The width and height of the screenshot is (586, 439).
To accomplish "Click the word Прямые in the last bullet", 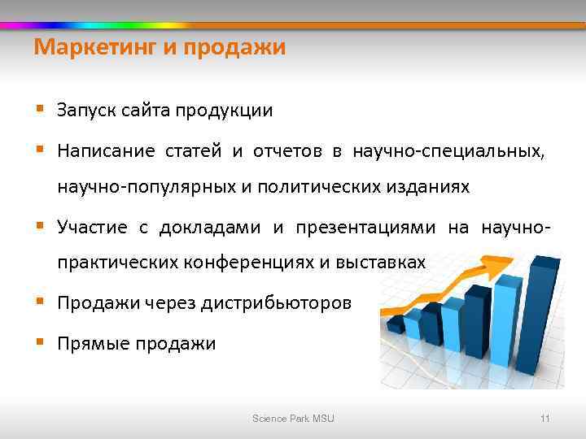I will tap(86, 343).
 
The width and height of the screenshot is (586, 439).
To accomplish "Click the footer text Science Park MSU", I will tap(293, 418).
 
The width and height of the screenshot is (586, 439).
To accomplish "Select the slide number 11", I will tap(544, 418).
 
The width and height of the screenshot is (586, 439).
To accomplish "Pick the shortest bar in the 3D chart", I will tap(396, 324).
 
